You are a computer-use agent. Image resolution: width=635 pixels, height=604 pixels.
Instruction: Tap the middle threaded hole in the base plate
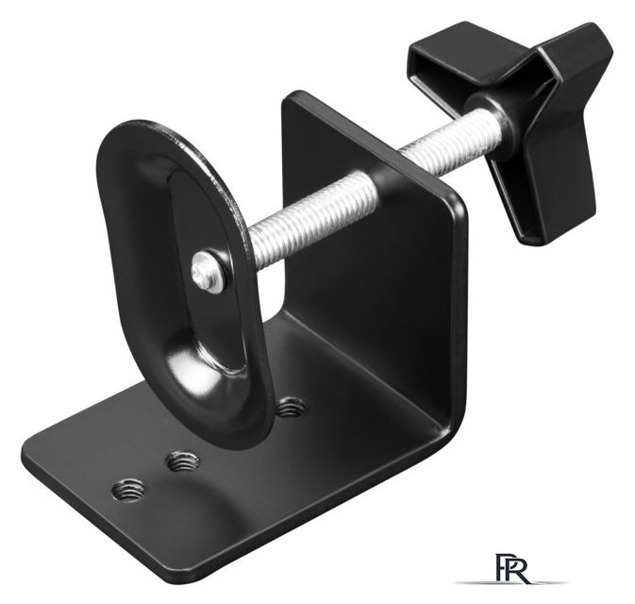pyautogui.click(x=183, y=461)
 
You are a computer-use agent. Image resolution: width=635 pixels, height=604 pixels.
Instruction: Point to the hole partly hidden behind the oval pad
pyautogui.click(x=291, y=408)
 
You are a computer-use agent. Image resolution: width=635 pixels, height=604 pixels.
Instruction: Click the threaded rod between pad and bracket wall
pyautogui.click(x=311, y=219)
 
